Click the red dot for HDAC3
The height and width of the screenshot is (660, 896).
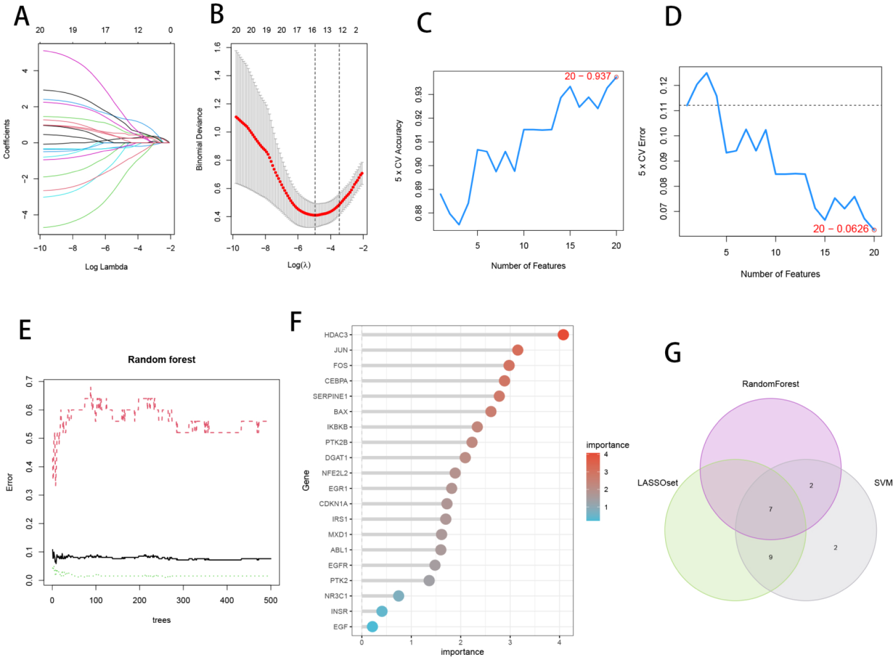[563, 335]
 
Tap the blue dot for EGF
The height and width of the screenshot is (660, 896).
[372, 626]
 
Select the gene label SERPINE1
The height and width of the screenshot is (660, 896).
[330, 396]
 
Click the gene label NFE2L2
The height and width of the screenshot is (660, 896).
[335, 473]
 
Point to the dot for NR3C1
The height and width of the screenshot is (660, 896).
[398, 596]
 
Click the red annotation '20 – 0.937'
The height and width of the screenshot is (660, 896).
[587, 76]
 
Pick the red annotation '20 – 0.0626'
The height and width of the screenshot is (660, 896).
[840, 229]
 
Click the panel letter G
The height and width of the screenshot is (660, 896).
[672, 353]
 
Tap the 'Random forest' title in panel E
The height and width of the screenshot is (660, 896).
[162, 359]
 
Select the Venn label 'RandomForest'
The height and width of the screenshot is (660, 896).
[770, 384]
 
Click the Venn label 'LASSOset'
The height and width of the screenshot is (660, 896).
[657, 483]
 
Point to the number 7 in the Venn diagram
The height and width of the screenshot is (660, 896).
[771, 509]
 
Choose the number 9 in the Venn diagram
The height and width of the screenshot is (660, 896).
[771, 557]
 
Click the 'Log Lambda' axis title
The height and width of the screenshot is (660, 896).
[106, 267]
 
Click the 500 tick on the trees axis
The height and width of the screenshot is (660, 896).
[271, 600]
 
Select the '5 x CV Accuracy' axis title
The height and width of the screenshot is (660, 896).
[399, 151]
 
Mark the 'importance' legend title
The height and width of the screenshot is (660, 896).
[607, 445]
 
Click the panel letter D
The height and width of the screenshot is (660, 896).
[673, 17]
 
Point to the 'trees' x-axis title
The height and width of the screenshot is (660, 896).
[161, 620]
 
